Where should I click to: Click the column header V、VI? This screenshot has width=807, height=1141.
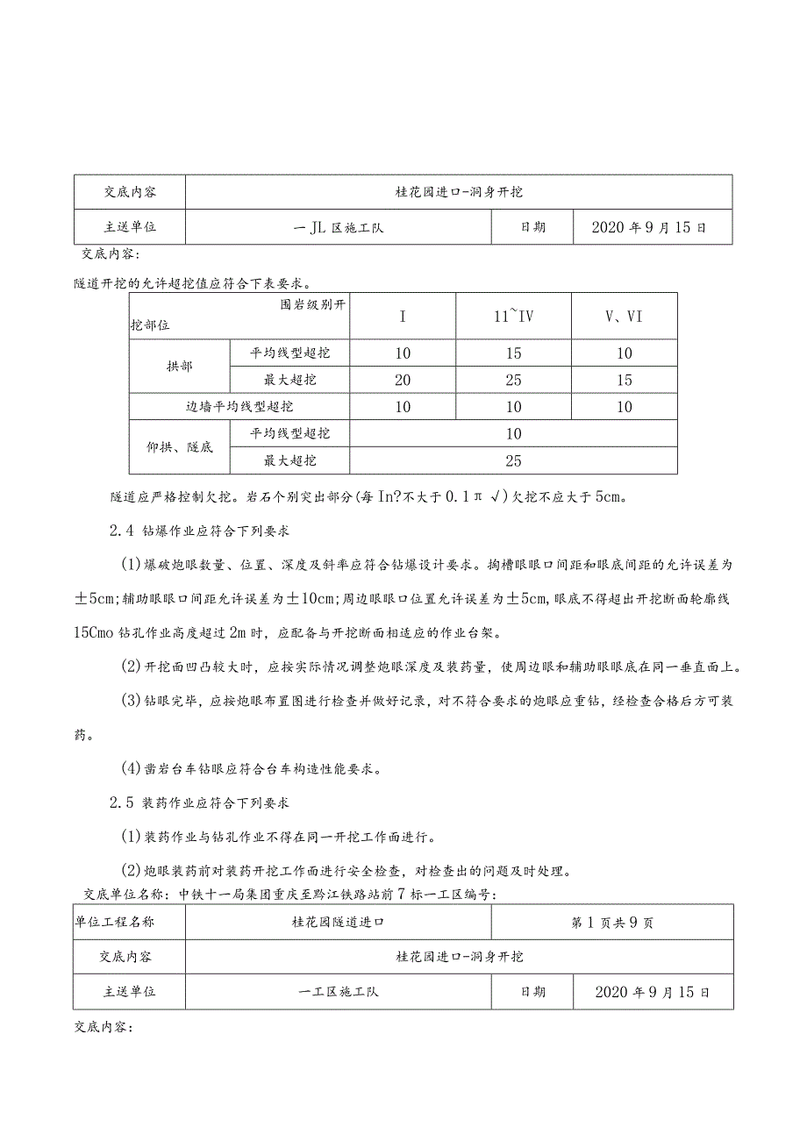tap(624, 317)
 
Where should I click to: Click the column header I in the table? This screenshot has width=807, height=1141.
tap(403, 317)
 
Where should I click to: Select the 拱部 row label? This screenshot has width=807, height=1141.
tap(179, 367)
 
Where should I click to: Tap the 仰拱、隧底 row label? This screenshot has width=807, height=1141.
tap(179, 447)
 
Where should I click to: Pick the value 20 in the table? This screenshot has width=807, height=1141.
tap(403, 380)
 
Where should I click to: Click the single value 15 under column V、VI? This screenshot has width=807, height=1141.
tap(624, 380)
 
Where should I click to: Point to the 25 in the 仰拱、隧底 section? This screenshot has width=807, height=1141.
tap(513, 460)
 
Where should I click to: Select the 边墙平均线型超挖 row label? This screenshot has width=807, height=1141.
tap(239, 407)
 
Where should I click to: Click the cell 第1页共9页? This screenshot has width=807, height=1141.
tap(612, 923)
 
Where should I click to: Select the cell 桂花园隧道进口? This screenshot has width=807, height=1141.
tap(339, 923)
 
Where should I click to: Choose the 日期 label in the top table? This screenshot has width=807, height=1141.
tap(532, 226)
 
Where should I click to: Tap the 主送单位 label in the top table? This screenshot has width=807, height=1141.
tap(130, 226)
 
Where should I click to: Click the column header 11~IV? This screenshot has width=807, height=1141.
tap(513, 317)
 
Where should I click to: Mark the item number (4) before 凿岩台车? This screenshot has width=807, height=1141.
tap(132, 768)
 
